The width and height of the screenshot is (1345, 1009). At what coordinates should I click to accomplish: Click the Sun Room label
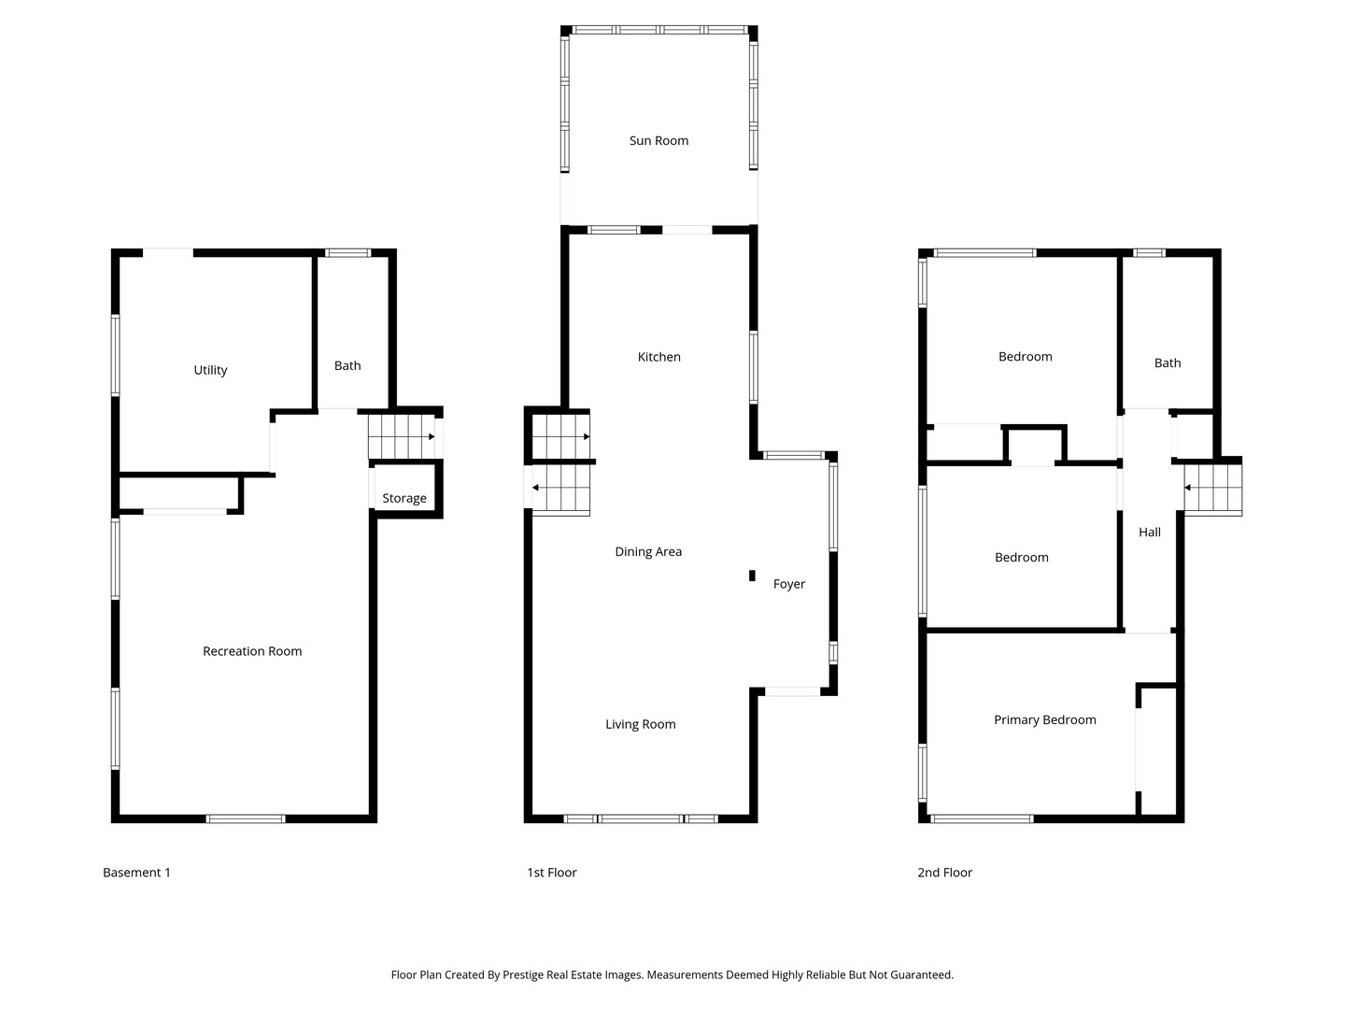pos(658,141)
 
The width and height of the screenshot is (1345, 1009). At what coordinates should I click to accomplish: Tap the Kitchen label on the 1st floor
pos(658,357)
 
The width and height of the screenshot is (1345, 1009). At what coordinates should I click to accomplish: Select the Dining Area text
pos(648,552)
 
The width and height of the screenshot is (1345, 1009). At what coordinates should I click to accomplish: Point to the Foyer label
pos(788,584)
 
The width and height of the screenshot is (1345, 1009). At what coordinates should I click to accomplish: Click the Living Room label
pos(640,724)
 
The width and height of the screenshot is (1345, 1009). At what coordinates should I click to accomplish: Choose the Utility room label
pos(210,370)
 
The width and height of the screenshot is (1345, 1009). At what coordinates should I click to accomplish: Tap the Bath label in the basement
pos(347,366)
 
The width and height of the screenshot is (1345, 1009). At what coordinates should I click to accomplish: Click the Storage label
pos(403,498)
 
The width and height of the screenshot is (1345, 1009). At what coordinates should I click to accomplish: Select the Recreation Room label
pos(252,651)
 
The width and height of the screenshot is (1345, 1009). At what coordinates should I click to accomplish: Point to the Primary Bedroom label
pos(1044,720)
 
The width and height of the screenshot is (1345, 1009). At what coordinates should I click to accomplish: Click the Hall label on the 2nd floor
pos(1149,533)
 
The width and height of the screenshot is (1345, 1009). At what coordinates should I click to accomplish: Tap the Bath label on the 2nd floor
pos(1167,363)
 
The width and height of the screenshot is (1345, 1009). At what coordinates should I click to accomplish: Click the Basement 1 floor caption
pos(136,873)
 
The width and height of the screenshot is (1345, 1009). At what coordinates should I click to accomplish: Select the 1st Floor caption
pos(551,873)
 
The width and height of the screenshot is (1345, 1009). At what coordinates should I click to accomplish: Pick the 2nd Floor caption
pos(944,873)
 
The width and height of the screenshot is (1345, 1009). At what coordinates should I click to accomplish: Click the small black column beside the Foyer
pos(752,576)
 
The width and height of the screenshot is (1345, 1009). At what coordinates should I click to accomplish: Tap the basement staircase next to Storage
pos(402,436)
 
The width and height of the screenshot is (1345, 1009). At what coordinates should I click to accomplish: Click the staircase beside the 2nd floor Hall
pos(1212,488)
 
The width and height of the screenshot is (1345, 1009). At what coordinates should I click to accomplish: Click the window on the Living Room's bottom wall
pos(641,819)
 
